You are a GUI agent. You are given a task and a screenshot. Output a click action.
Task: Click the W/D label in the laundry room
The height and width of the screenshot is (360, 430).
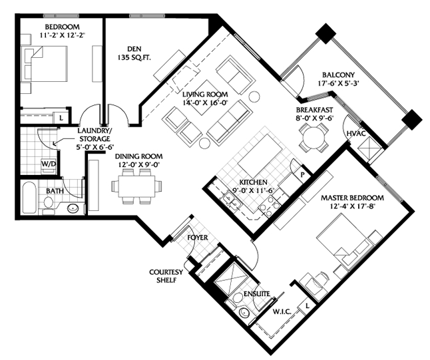(x=49, y=164)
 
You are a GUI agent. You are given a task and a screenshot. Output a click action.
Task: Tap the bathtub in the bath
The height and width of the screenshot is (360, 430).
(x=29, y=197)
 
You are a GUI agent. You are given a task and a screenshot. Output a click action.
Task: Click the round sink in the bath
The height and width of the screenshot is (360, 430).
(x=73, y=208)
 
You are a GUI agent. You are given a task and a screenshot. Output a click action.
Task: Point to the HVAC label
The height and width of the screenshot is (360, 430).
(x=356, y=134)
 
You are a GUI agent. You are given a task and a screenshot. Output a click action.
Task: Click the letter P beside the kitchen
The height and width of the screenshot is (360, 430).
(x=302, y=174)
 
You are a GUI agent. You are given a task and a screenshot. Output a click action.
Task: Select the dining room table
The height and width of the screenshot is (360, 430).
(x=136, y=186)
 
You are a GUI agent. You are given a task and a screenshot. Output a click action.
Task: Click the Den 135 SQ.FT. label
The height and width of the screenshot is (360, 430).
(x=134, y=53)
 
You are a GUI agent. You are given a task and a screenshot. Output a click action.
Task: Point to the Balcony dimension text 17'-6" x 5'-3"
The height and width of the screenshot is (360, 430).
(x=339, y=83)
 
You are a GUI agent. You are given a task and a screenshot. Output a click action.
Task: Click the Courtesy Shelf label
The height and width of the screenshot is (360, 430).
(x=166, y=276)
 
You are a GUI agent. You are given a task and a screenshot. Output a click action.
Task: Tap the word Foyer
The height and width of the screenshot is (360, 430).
(x=198, y=238)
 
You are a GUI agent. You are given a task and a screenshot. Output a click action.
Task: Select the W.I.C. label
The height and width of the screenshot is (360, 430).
(x=282, y=311)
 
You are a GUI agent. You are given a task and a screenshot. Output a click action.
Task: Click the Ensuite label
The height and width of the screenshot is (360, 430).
(x=257, y=294)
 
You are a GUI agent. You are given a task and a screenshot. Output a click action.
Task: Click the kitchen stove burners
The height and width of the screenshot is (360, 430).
(x=270, y=207)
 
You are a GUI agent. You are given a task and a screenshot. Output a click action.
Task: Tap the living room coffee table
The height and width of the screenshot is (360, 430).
(x=203, y=97)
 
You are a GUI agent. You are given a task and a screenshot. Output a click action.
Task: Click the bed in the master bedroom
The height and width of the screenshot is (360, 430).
(x=344, y=238)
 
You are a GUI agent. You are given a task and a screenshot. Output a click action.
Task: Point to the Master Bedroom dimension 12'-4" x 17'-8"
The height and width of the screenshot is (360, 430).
(x=353, y=206)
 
